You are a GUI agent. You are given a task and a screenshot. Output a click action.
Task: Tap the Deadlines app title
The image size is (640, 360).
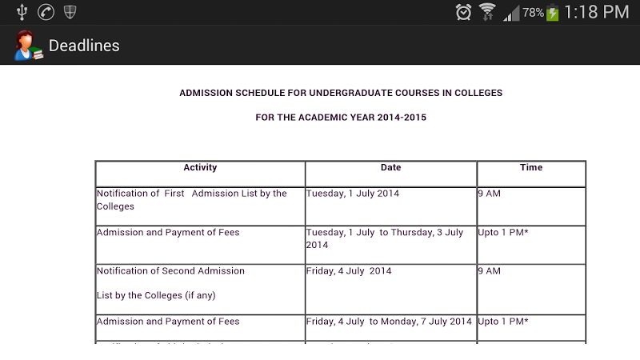(x=84, y=46)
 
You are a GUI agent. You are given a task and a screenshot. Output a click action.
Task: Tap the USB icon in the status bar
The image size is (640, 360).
(x=22, y=12)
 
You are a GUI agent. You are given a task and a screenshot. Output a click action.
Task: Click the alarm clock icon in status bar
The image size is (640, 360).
(x=464, y=12)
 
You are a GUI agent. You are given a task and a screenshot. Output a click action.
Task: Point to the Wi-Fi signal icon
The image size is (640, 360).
(x=487, y=12)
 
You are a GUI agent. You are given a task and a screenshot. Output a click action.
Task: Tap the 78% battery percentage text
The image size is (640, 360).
(x=534, y=13)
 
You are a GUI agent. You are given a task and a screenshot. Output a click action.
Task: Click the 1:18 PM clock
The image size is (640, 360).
(x=597, y=12)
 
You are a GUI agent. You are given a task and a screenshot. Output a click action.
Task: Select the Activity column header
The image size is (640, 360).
(x=200, y=168)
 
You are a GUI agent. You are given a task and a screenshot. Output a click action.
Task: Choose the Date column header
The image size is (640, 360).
(x=390, y=168)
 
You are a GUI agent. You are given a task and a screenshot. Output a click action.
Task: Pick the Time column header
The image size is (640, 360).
(x=531, y=168)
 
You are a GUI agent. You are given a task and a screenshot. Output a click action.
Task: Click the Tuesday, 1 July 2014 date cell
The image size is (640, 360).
(x=353, y=194)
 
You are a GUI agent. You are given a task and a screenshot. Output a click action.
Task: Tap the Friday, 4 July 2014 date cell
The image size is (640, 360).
(x=349, y=271)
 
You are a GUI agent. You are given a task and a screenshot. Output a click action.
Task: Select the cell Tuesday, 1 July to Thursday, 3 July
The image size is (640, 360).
(x=385, y=238)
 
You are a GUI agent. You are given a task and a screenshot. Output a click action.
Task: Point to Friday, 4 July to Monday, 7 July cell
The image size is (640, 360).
(x=389, y=322)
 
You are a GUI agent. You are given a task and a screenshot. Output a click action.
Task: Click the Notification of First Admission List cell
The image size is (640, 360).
(x=191, y=199)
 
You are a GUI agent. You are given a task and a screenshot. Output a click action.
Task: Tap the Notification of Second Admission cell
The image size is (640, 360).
(x=170, y=271)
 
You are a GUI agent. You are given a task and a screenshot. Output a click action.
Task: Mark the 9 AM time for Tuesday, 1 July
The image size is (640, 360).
(x=489, y=194)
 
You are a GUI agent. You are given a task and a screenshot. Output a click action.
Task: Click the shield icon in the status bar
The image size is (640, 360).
(x=70, y=12)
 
